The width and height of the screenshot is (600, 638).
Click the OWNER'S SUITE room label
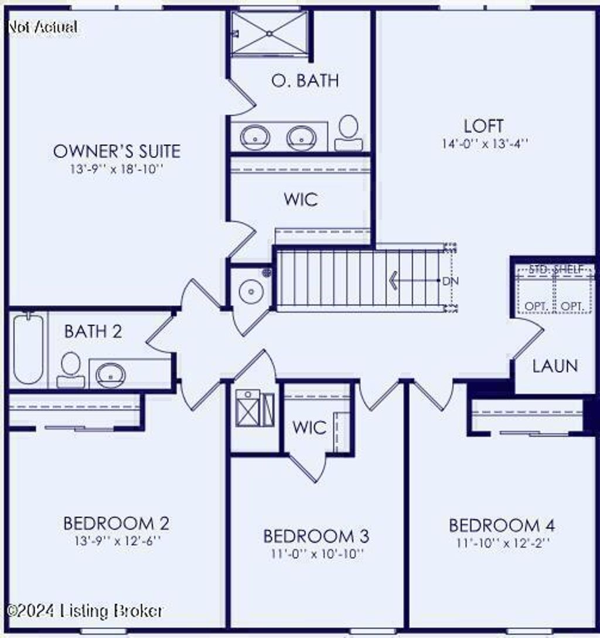click(117, 151)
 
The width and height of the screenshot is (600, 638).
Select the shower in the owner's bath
click(269, 33)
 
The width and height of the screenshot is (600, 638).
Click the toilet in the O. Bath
click(349, 132)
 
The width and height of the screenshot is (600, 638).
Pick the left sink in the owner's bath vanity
click(255, 138)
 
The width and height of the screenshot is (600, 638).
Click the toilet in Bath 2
click(70, 370)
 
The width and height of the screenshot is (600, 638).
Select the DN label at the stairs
click(449, 281)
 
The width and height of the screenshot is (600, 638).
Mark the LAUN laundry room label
click(555, 366)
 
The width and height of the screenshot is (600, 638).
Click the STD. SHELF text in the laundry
click(555, 269)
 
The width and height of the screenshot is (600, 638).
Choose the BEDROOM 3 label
click(316, 536)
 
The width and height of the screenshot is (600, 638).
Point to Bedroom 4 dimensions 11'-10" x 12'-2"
click(502, 543)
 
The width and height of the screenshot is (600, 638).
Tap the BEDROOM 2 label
click(116, 523)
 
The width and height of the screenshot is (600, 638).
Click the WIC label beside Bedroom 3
click(309, 427)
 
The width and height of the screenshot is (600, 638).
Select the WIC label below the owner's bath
click(301, 199)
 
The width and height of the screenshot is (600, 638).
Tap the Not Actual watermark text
click(42, 27)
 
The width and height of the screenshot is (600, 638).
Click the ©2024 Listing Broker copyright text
click(86, 611)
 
